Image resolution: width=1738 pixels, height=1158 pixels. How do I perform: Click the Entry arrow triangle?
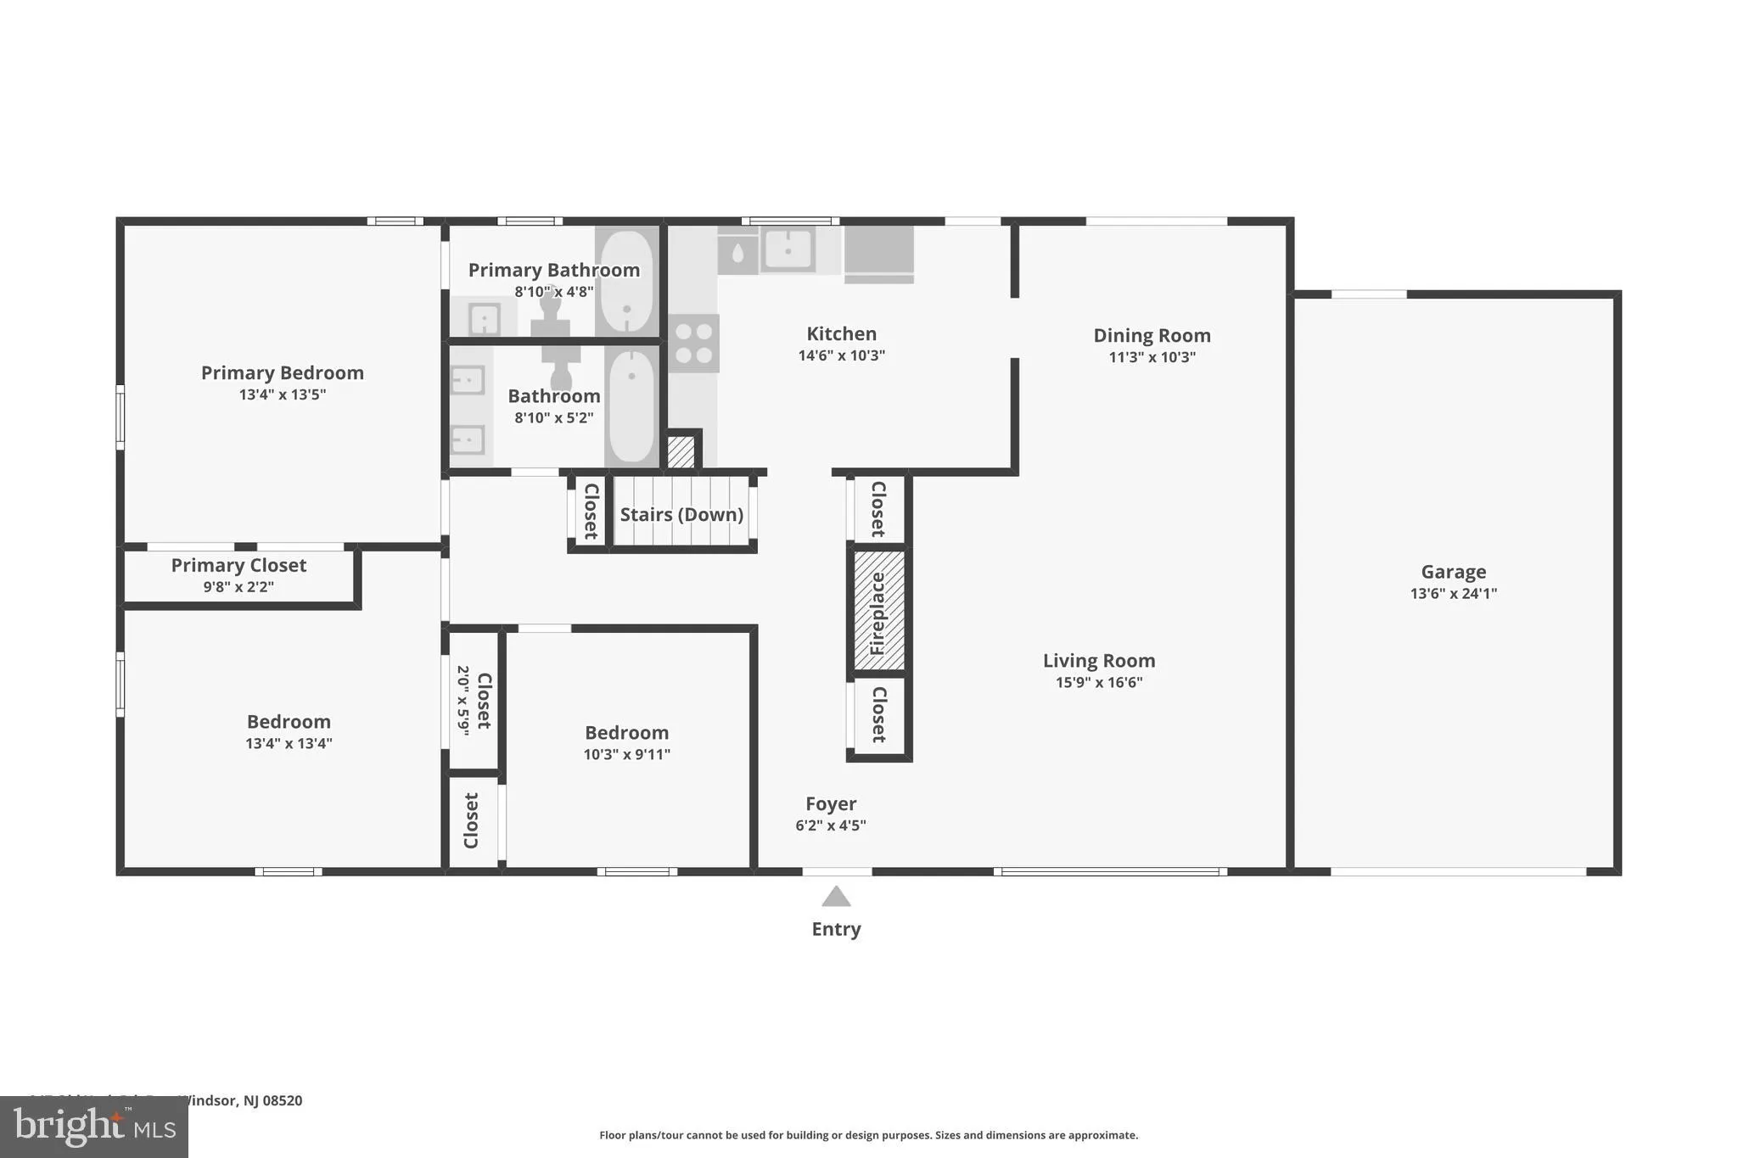(836, 897)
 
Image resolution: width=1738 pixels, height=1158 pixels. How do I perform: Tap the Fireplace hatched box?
(878, 611)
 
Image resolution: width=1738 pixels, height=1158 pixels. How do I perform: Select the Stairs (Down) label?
(681, 514)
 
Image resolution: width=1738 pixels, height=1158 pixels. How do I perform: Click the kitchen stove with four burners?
(693, 343)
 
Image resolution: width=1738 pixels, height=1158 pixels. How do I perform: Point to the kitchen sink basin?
(788, 249)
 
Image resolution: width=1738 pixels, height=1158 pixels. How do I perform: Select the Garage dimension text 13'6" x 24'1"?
(1453, 594)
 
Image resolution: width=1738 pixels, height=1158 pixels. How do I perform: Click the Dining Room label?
(1152, 335)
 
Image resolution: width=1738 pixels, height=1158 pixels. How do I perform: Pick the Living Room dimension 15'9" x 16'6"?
(1099, 682)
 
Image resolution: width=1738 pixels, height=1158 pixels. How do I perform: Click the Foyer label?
(831, 803)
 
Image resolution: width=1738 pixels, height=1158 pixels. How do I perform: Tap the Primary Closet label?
(238, 565)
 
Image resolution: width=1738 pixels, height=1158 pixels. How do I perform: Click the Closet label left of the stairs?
(591, 511)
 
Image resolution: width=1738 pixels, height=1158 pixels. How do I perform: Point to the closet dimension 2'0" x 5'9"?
(463, 700)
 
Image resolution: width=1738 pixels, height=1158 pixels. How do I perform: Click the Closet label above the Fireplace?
(878, 508)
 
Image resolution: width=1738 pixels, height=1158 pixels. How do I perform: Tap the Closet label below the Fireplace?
(878, 714)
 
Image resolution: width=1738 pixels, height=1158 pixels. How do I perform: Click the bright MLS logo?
(93, 1127)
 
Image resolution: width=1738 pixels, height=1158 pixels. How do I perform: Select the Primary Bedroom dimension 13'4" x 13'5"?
(282, 394)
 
